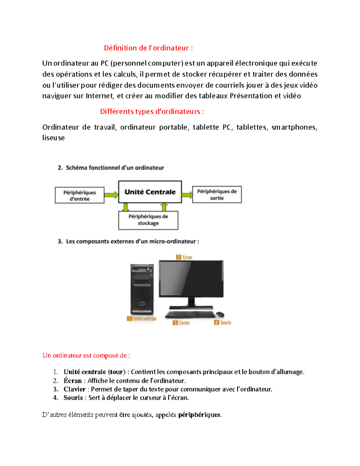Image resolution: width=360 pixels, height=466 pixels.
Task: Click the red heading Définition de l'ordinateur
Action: click(148, 48)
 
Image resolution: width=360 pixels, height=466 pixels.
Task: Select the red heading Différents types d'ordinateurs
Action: click(152, 112)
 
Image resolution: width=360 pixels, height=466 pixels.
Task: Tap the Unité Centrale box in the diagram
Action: click(150, 192)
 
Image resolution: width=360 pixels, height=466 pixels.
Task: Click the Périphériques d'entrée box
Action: click(79, 195)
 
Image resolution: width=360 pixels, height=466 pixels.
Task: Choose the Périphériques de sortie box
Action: click(217, 194)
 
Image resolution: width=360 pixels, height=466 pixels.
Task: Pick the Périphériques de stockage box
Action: click(148, 220)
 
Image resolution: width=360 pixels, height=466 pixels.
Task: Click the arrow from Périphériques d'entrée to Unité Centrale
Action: click(111, 195)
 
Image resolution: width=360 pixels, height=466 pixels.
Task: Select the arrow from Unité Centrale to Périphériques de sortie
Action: click(187, 195)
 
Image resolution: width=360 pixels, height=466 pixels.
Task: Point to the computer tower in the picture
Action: click(142, 289)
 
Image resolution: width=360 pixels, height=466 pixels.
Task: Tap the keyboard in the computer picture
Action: click(190, 314)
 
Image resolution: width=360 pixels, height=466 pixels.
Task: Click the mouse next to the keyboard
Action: click(220, 314)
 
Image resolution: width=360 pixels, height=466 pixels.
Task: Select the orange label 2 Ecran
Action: click(184, 257)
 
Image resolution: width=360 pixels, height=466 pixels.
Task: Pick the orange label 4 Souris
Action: click(222, 323)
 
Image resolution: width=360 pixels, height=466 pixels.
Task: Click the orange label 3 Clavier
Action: click(181, 323)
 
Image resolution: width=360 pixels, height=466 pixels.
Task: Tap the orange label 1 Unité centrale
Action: click(142, 319)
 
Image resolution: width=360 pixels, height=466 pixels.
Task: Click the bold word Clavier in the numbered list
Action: click(74, 389)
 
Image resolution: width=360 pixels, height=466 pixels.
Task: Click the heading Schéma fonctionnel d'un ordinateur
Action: click(115, 168)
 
